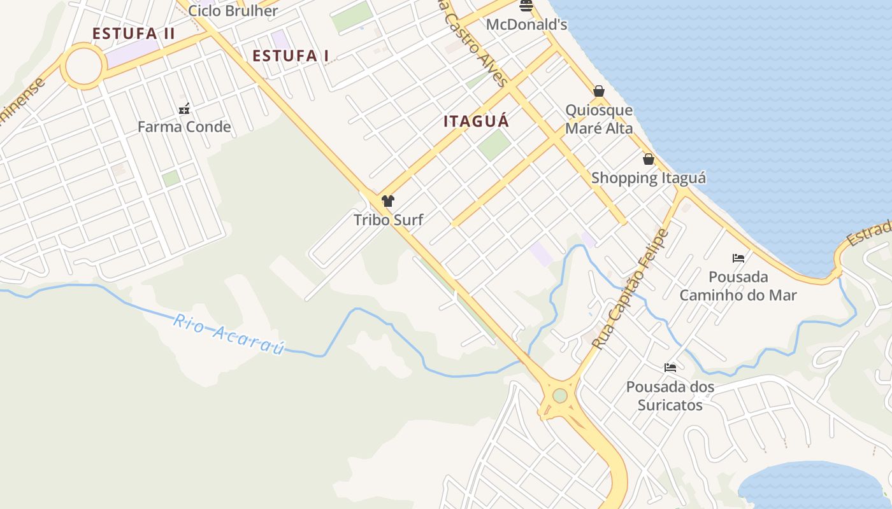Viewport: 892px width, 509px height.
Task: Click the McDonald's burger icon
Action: [x=526, y=6]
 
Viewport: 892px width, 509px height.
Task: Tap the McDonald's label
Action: [x=526, y=25]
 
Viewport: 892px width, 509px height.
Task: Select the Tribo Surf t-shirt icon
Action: [x=388, y=201]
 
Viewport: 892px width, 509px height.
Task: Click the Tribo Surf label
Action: [x=388, y=220]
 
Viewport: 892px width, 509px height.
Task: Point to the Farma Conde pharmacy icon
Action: [x=184, y=108]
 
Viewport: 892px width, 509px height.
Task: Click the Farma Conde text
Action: [x=184, y=127]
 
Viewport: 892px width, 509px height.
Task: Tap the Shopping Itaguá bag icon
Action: [x=649, y=159]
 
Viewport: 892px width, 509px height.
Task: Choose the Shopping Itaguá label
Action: [x=649, y=178]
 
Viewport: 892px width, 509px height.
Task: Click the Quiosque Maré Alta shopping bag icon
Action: [x=599, y=91]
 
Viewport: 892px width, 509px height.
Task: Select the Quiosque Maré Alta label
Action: [x=599, y=119]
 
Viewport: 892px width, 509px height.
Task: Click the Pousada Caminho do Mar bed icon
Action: [x=738, y=258]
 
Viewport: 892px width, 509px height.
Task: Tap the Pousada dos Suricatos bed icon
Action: [x=670, y=367]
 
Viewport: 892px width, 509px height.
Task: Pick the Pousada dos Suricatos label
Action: [x=670, y=396]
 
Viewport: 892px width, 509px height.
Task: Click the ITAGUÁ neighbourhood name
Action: [x=477, y=121]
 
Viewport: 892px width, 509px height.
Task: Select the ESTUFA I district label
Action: [x=291, y=56]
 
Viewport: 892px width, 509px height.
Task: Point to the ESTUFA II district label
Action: [x=133, y=34]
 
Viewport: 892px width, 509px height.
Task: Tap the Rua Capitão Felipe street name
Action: [x=631, y=289]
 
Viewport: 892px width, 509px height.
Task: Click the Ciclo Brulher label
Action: [x=233, y=11]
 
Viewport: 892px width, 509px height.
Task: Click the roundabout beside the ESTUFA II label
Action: [x=83, y=66]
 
